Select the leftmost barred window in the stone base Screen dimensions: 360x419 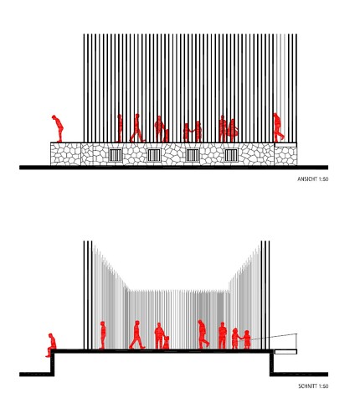pos(116,155)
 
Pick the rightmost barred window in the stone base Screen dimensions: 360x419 pos(231,155)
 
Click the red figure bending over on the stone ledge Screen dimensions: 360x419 pos(58,128)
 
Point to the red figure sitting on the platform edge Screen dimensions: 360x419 pos(51,345)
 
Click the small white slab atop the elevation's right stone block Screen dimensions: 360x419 pos(285,145)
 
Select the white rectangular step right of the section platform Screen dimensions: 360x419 pos(285,352)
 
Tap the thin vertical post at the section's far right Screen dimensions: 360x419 pos(296,341)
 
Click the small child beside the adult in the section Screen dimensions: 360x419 pos(166,343)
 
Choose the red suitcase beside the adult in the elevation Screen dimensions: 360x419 pos(167,136)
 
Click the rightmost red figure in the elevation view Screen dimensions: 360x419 pos(278,127)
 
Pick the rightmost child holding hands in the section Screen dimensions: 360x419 pos(247,339)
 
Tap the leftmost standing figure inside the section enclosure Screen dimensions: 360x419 pos(103,335)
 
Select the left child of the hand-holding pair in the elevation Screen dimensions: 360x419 pos(186,132)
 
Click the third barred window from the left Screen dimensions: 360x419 pos(193,155)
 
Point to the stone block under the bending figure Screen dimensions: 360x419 pos(65,154)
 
